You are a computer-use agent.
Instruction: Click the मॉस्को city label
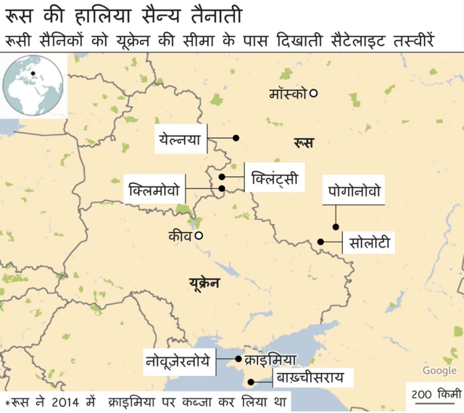click(x=288, y=94)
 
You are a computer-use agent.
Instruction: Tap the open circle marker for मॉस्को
click(x=314, y=93)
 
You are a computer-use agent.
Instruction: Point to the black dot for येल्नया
click(x=235, y=138)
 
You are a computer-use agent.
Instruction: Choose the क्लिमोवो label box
click(x=154, y=189)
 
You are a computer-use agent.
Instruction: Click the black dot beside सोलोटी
click(x=320, y=242)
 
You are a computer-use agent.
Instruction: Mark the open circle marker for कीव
click(x=198, y=235)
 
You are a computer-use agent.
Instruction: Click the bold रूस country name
click(x=304, y=143)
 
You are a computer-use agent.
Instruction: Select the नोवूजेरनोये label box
click(x=180, y=359)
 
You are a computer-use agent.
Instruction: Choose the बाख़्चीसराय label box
click(x=315, y=377)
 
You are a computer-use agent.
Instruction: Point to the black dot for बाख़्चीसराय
click(x=251, y=382)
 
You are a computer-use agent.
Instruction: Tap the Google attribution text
click(x=439, y=371)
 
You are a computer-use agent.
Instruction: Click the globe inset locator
click(x=33, y=86)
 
